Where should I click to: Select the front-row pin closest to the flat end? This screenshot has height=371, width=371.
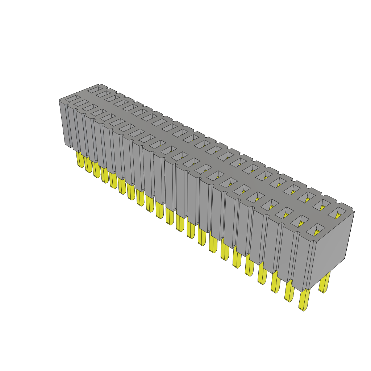[x=304, y=300]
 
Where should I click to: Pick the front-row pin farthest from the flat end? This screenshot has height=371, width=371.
[x=80, y=159]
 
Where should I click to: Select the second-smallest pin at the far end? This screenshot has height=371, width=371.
[x=88, y=165]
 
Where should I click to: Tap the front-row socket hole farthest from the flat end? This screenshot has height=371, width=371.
[x=72, y=98]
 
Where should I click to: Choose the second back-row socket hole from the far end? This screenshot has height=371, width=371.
[x=104, y=94]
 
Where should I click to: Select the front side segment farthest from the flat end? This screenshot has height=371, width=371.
[x=65, y=123]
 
